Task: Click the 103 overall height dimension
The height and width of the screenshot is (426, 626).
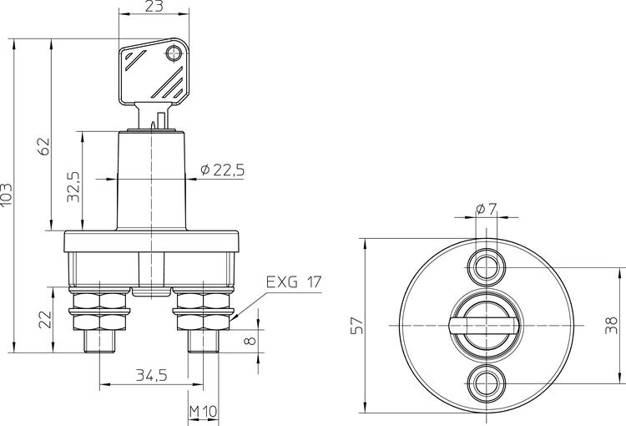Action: click(7, 195)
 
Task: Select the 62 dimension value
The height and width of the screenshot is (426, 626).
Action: click(44, 146)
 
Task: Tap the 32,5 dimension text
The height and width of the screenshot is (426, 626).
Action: click(73, 186)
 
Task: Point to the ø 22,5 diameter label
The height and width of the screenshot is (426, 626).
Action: click(222, 170)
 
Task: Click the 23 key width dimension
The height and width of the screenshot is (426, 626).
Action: click(154, 6)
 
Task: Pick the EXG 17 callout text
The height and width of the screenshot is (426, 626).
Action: click(294, 282)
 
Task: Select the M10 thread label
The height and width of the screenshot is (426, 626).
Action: click(203, 411)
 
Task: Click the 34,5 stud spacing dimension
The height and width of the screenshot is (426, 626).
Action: click(151, 375)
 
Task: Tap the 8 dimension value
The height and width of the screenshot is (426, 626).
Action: click(250, 341)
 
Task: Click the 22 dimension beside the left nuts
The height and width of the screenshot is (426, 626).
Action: click(46, 319)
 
